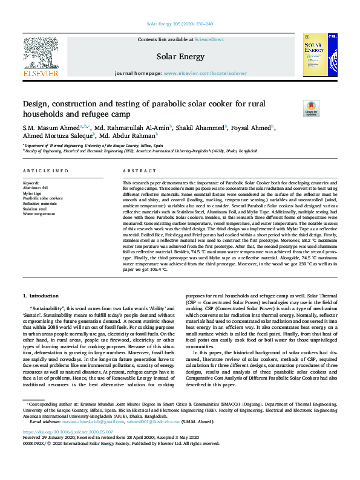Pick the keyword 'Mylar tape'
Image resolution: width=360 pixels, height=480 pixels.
click(33, 193)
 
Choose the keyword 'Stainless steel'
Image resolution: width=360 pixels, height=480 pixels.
click(36, 209)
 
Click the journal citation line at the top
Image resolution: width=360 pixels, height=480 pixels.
click(180, 24)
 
